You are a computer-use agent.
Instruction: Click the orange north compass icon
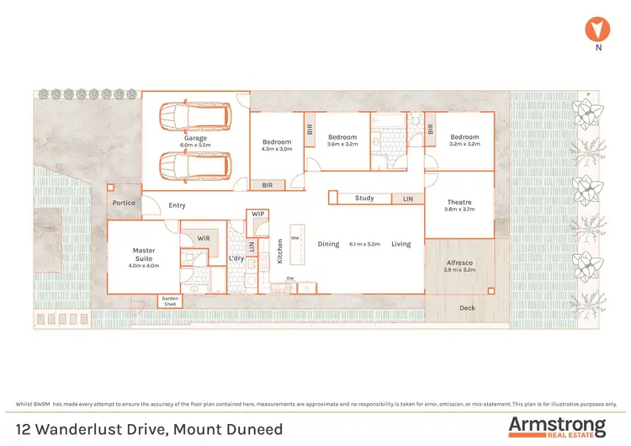(597, 30)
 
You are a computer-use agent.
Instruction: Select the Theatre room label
(459, 202)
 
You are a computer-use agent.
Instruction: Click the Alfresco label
(459, 263)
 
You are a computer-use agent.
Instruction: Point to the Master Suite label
(144, 250)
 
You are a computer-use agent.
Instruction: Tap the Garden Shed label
(172, 301)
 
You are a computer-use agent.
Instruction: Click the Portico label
(125, 204)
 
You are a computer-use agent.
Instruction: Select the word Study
(364, 199)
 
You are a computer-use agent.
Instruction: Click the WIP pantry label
(258, 215)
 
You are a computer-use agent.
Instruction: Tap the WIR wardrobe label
(203, 239)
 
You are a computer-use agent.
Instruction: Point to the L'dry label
(236, 258)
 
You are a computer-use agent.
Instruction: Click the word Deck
(467, 308)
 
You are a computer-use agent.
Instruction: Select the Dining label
(328, 244)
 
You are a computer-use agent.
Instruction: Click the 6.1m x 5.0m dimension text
(365, 244)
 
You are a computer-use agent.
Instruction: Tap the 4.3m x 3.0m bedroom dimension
(277, 149)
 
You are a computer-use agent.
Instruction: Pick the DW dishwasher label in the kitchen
(290, 279)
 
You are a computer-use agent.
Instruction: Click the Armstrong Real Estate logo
(556, 426)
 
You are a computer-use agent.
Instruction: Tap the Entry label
(177, 205)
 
